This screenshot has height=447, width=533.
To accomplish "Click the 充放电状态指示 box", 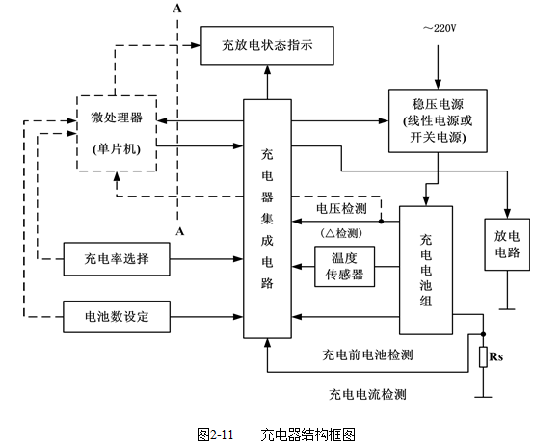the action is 267,45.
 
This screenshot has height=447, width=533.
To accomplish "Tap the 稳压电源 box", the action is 438,120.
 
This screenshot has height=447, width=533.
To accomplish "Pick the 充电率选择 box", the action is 117,259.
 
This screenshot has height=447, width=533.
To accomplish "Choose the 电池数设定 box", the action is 117,317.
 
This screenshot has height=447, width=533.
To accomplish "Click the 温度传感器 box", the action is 345,267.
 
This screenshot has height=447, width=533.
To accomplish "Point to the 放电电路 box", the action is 507,245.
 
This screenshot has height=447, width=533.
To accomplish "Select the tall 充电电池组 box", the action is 426,271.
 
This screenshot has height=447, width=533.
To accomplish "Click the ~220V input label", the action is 440,28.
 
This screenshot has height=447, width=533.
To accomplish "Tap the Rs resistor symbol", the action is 484,357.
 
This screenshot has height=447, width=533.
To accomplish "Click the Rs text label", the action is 496,356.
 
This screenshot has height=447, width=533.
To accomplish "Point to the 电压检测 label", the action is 341,208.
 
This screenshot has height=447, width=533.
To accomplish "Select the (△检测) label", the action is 341,233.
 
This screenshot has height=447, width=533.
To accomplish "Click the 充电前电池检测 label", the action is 367,355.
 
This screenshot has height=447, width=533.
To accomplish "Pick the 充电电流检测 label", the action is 367,394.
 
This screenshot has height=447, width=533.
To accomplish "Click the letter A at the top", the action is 177,8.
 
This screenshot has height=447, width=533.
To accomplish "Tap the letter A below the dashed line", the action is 180,231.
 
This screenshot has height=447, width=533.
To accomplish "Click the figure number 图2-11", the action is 215,434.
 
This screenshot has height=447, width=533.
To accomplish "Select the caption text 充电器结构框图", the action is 308,434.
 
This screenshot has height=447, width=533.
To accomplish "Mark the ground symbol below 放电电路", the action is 507,309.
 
